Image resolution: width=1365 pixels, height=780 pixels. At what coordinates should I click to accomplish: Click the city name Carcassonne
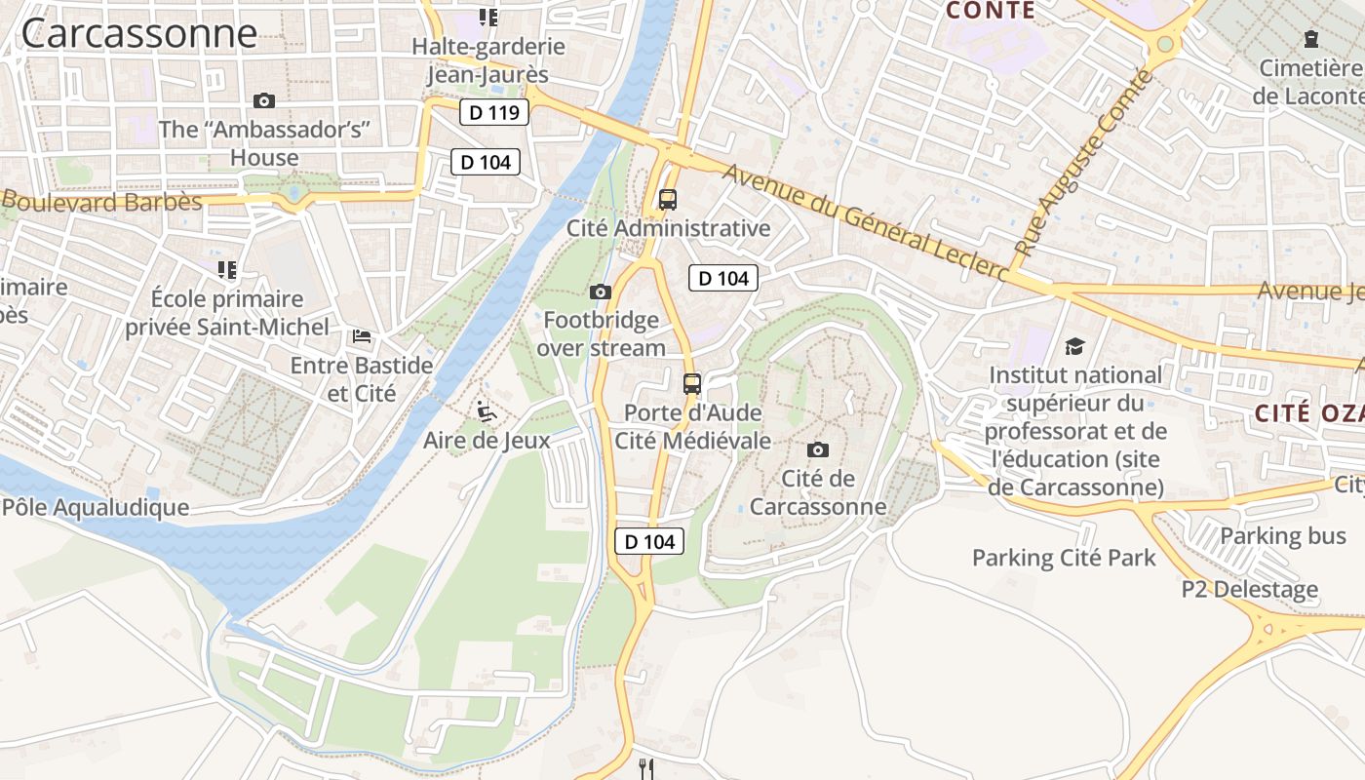pos(138,34)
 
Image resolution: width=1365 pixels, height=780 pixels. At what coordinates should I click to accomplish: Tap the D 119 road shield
pos(493,112)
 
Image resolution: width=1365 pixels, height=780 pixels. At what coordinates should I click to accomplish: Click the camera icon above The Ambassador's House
pos(263,100)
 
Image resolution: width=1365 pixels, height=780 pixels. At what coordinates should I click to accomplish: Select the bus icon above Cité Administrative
pos(667,200)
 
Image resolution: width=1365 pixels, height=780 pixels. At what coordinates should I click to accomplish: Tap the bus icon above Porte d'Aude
pos(692,383)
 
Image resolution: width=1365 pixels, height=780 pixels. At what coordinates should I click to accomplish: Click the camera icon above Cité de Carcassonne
pos(818,449)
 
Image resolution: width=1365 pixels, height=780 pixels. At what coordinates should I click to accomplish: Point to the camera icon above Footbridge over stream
pos(601,292)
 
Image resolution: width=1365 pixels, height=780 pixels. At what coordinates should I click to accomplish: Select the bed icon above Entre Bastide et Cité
pos(362,336)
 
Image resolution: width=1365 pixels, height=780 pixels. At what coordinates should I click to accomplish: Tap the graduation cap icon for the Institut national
pos(1074,346)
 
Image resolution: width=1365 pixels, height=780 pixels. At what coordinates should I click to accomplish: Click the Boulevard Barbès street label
pos(101,202)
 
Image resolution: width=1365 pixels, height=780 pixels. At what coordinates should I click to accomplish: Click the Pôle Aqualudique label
pos(96,507)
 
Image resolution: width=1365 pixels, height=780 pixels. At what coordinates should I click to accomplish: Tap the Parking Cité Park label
pos(1064,558)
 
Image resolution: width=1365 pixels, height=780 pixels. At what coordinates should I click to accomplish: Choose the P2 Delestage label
pos(1249,589)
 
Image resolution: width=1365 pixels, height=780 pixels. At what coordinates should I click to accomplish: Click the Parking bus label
pos(1282,535)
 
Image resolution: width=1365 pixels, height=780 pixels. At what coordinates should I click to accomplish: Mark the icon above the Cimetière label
pos(1311,39)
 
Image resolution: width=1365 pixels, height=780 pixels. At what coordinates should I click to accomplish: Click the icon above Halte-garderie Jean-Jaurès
pos(487,17)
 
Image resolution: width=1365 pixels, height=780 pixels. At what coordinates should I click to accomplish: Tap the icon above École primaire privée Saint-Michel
pos(227,269)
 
